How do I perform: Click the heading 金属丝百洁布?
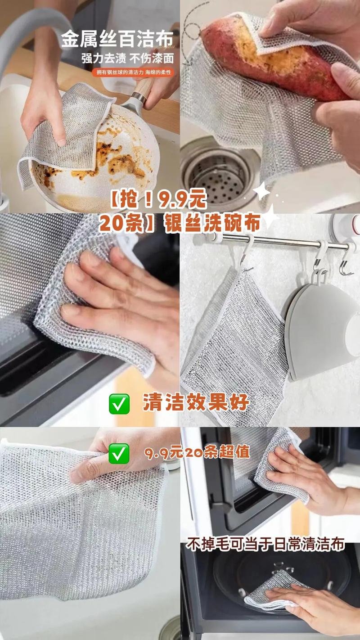point(117,39)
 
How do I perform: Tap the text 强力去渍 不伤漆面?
point(128,59)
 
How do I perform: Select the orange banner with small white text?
point(133,72)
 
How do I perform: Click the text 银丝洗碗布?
point(211,223)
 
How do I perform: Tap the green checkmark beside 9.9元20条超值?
point(119,454)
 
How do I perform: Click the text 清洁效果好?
point(196,402)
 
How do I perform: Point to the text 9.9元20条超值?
point(197,453)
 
